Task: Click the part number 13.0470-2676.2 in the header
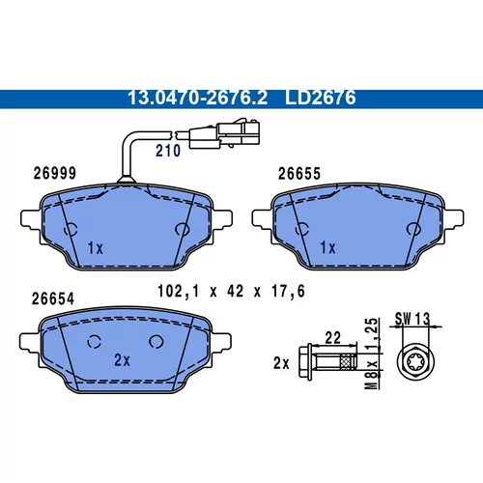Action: tap(197, 98)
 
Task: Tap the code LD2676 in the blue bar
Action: tap(321, 98)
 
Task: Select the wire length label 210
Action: tap(168, 151)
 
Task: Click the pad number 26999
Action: tap(55, 173)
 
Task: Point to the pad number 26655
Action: tap(299, 174)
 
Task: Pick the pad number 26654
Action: tap(53, 298)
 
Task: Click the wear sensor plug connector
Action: tap(224, 134)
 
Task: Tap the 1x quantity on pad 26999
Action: tap(96, 248)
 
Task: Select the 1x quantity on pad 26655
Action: tap(327, 248)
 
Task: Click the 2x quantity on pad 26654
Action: tap(122, 360)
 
